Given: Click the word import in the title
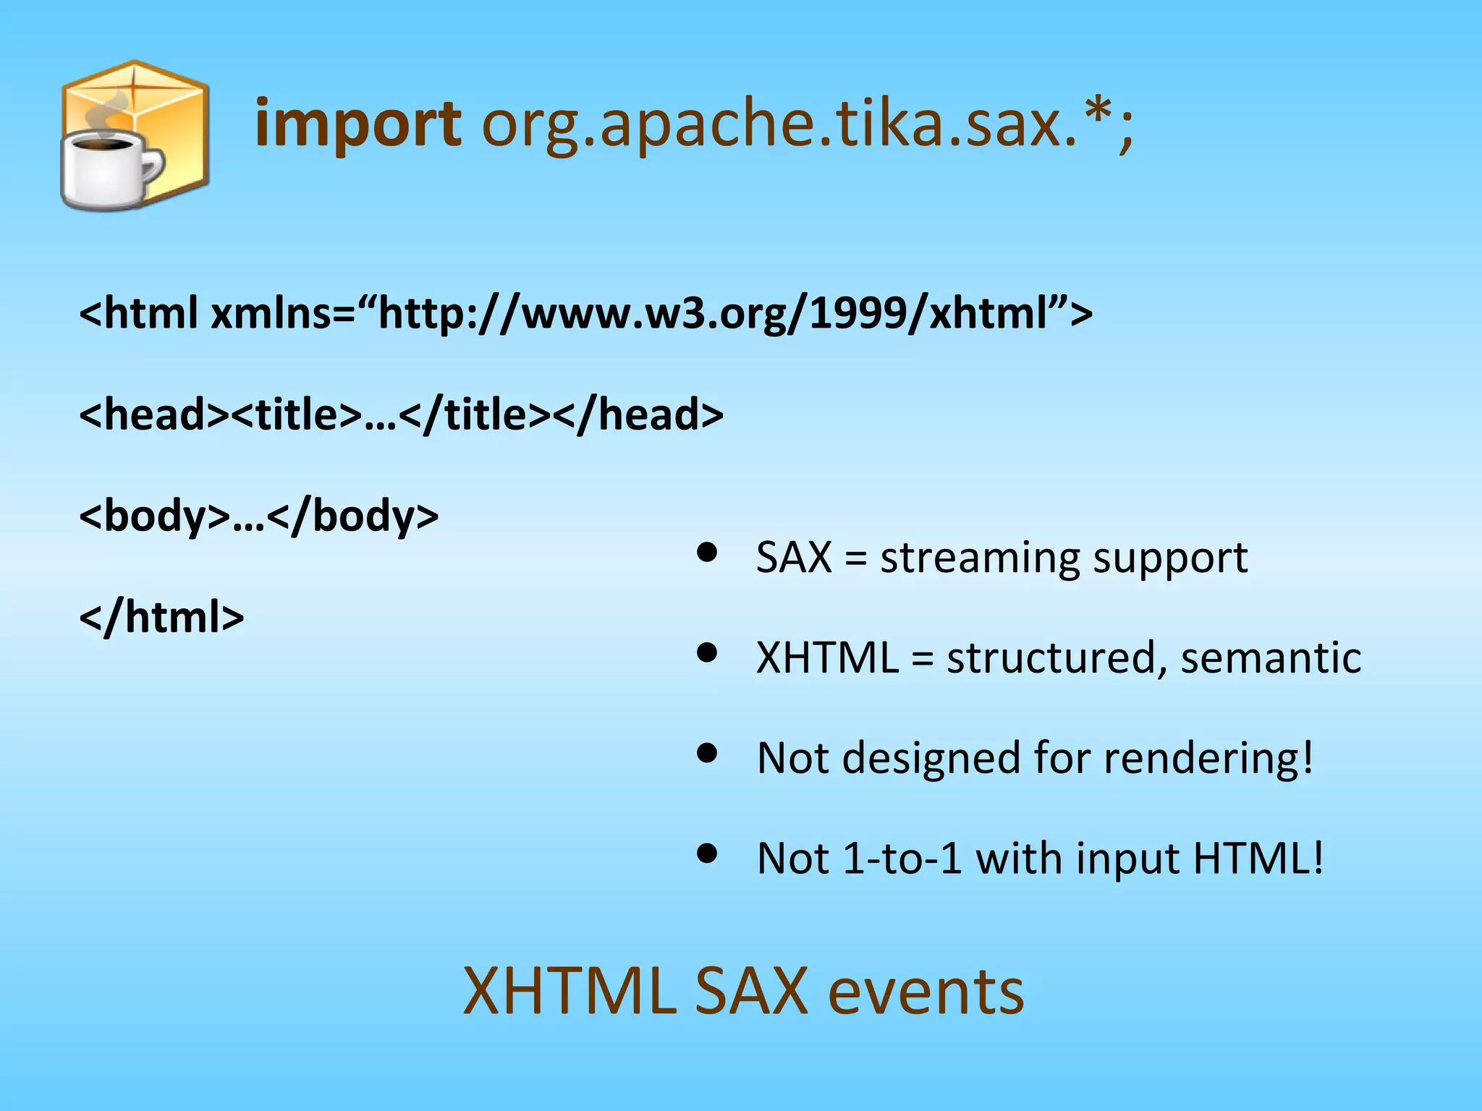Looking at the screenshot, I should pos(357,124).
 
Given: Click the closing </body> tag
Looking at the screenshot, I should pos(352,516).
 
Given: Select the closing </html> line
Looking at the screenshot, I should pos(161,617).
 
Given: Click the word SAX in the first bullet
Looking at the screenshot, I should pos(794,558).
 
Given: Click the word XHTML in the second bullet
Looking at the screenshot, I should pos(827,657).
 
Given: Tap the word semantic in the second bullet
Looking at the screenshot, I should pos(1271,657).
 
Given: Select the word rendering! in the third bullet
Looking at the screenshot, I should pos(1208,758).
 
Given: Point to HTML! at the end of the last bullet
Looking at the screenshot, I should pos(1258,859).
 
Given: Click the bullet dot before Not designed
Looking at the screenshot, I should pos(707,754).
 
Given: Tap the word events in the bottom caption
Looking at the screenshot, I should pos(926,992).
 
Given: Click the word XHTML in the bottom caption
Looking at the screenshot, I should pos(569,992).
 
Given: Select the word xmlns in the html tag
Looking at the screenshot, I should pos(272,313).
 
